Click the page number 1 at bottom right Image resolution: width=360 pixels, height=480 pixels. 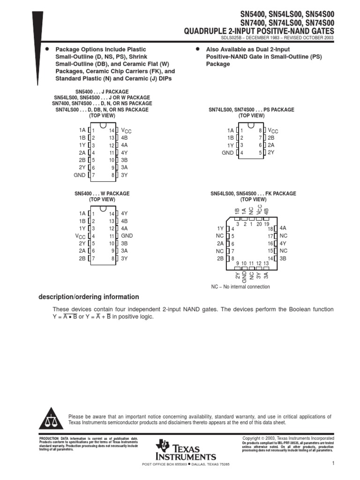coord(332,464)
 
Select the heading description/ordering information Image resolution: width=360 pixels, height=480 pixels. coord(88,297)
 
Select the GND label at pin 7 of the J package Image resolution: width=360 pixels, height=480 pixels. coord(80,175)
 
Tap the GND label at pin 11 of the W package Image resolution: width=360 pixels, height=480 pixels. coord(127,236)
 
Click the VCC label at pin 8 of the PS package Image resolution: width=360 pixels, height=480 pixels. coord(273,131)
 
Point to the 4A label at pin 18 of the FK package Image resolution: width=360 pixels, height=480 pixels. coord(283,228)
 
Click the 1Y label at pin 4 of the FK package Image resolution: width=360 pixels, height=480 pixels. coord(220,228)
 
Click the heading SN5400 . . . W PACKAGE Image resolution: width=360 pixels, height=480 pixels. coord(102,194)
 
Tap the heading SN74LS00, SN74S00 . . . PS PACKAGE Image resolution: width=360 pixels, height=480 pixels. coord(251,110)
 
